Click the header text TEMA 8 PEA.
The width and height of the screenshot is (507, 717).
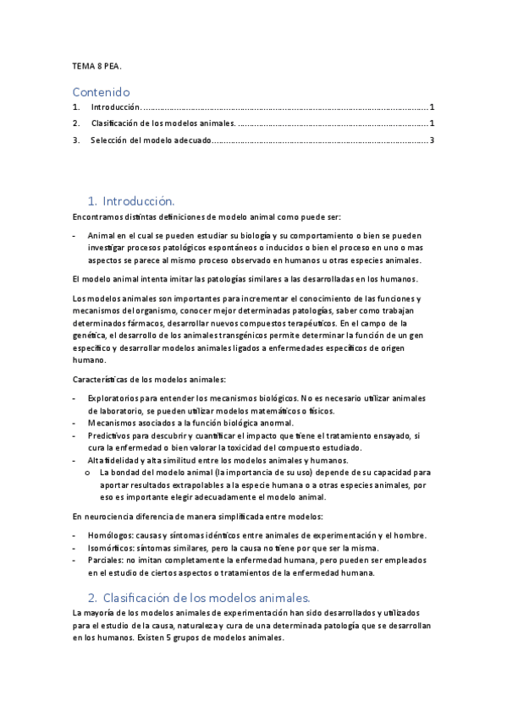click(x=97, y=65)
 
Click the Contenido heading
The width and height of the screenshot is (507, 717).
click(x=101, y=91)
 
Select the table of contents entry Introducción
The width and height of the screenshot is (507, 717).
click(x=114, y=108)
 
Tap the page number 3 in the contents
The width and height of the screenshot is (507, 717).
click(x=432, y=140)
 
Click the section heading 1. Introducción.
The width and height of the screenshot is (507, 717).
click(x=131, y=201)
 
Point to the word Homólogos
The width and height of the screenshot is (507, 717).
click(x=110, y=536)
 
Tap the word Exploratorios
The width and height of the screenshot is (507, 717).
click(x=113, y=398)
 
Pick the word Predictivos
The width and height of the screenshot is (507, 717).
click(x=110, y=435)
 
